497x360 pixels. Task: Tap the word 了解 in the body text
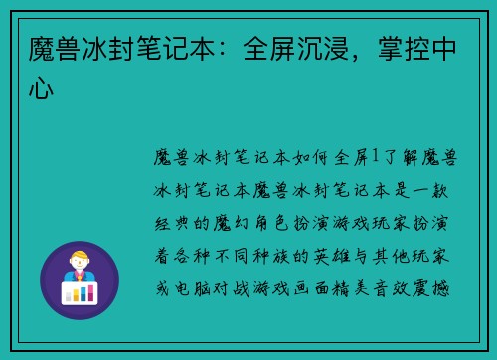point(397,156)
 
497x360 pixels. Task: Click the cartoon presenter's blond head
point(79,254)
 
